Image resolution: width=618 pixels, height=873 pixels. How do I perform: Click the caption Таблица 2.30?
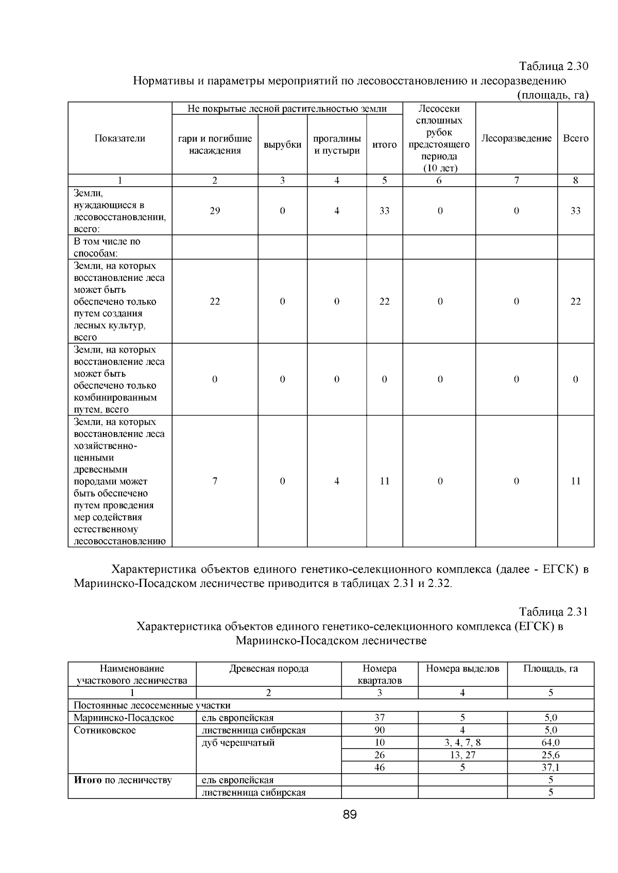point(553,67)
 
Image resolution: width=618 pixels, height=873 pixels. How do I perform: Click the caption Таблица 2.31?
point(553,612)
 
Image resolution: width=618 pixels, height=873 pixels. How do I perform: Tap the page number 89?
point(350,814)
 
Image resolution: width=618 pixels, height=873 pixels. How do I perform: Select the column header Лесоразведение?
point(516,138)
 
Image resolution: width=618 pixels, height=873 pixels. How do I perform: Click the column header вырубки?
point(282,145)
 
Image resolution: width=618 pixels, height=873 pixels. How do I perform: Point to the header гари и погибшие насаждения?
point(215,145)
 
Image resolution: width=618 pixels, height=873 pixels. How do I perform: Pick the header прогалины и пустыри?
point(337,145)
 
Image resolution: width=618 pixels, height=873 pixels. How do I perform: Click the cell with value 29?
point(215,211)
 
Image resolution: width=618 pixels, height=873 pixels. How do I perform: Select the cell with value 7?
point(215,481)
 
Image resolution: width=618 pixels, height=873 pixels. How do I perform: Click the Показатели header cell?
point(120,138)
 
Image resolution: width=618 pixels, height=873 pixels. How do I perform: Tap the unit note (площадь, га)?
point(552,95)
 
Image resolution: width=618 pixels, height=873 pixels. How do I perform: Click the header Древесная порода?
point(269,669)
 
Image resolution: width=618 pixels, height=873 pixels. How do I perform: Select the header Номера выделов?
point(462,669)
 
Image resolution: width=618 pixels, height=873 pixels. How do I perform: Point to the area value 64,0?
point(551,742)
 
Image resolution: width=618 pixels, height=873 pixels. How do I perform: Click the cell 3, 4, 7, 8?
point(462,742)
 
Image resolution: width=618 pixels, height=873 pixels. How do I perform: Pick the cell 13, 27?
point(462,755)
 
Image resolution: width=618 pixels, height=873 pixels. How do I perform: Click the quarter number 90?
point(380,730)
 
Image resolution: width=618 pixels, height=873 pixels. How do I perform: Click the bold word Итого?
point(88,780)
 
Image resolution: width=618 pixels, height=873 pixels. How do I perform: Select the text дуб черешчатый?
point(238,742)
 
